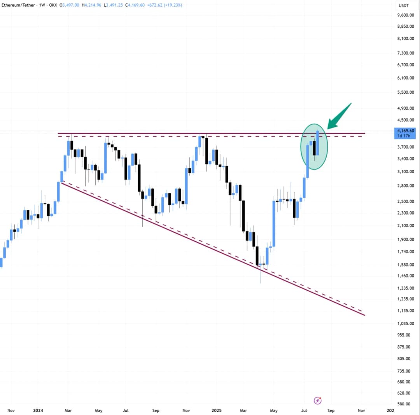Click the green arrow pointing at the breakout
(339, 115)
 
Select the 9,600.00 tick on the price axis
(406, 15)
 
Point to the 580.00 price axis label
(406, 404)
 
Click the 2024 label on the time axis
(38, 410)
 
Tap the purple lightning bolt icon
(318, 401)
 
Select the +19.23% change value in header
(172, 5)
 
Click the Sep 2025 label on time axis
(331, 410)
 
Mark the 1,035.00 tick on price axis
(406, 323)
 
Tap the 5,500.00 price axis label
(406, 92)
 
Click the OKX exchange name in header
(52, 5)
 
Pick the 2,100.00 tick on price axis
(406, 225)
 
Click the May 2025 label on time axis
(273, 410)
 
